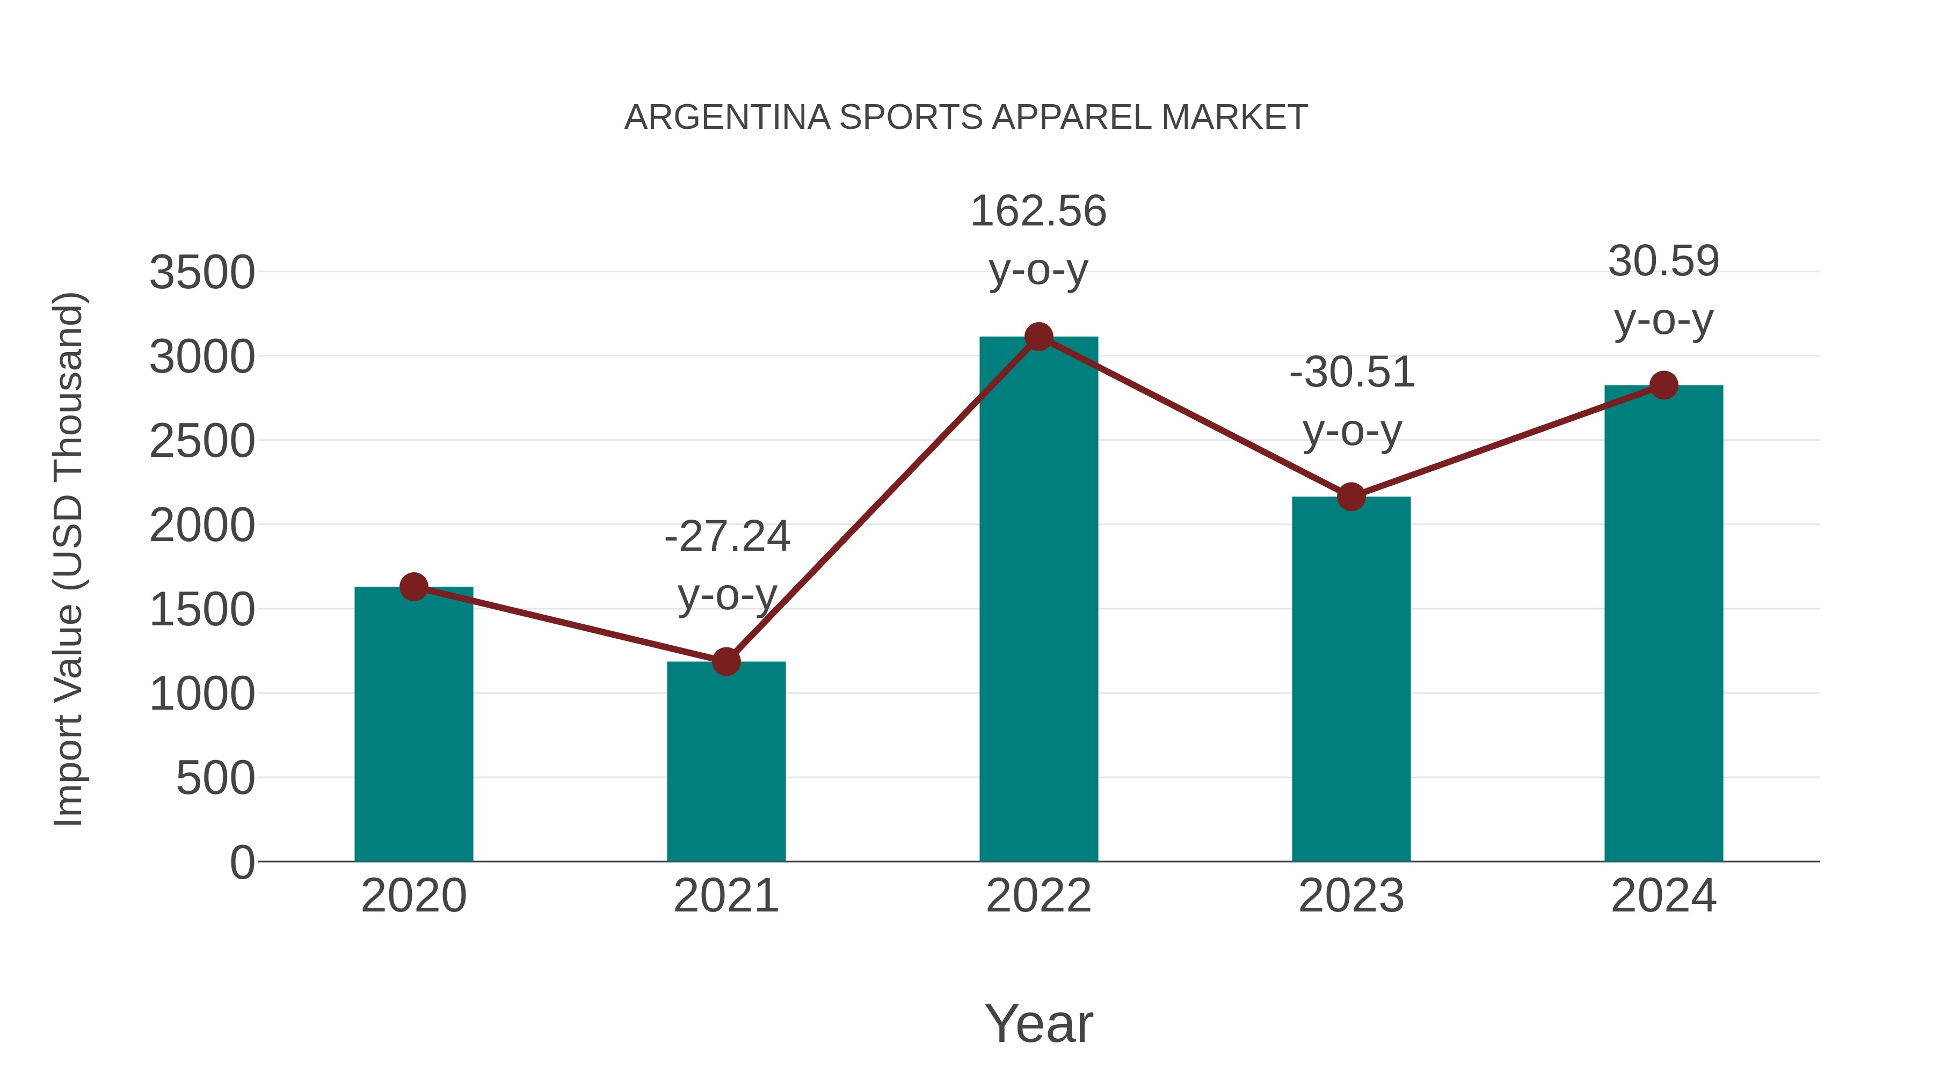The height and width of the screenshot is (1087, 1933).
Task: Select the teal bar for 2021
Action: [725, 765]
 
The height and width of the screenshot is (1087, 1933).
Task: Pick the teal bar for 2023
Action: [1351, 683]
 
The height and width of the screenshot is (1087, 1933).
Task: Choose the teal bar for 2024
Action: [1663, 630]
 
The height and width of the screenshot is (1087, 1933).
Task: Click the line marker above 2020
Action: [413, 587]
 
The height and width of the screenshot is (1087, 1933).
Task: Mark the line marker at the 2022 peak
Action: [1038, 337]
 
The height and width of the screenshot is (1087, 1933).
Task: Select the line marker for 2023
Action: [1351, 497]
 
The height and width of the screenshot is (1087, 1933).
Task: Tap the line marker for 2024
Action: [1663, 385]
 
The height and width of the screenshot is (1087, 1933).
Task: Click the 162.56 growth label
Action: [1038, 211]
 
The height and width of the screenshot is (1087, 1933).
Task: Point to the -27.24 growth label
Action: [727, 537]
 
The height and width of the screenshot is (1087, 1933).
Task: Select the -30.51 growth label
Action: [1351, 373]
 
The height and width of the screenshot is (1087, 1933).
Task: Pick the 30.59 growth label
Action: [1663, 262]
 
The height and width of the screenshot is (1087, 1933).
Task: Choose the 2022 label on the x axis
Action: [1038, 896]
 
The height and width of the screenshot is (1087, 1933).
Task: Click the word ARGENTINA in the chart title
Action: [727, 118]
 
